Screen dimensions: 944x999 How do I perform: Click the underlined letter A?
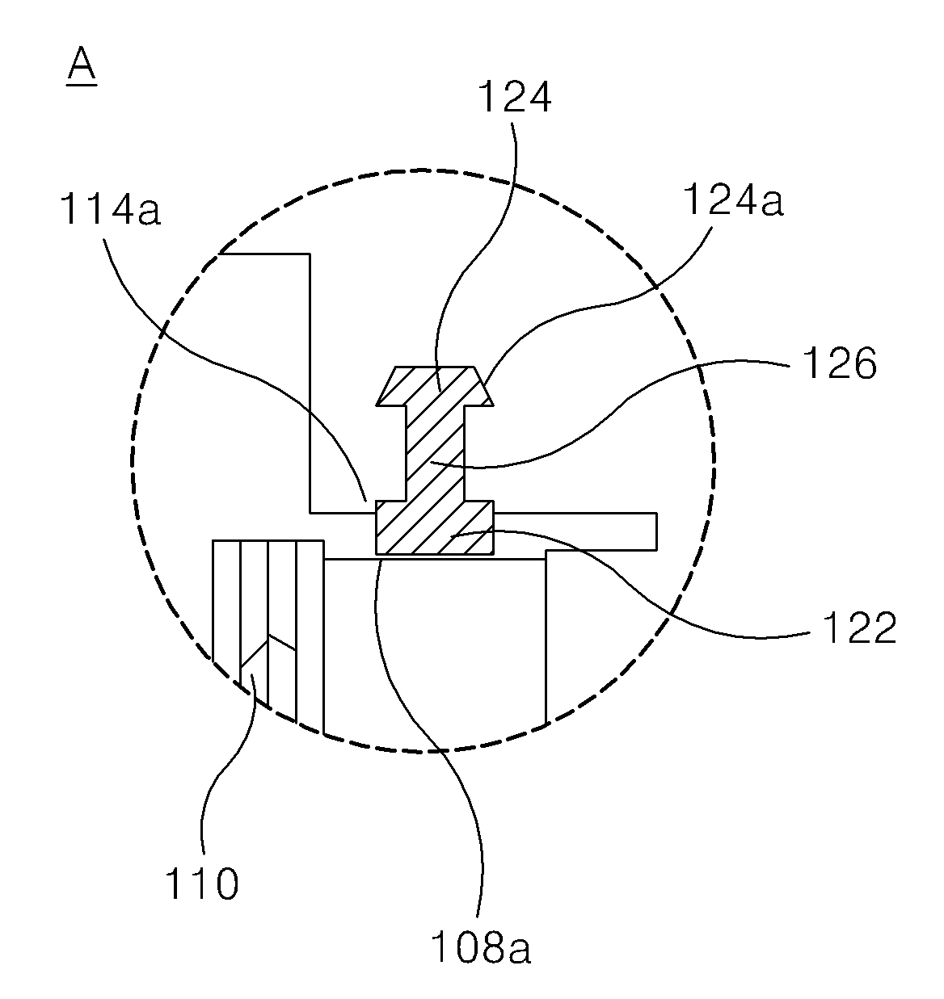[x=81, y=65]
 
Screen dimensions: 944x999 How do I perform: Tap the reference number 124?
[x=514, y=98]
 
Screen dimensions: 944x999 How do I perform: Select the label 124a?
[x=733, y=200]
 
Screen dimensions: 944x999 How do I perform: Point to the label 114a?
[x=110, y=211]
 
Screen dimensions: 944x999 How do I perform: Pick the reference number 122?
[x=858, y=628]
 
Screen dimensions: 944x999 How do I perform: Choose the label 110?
[x=202, y=884]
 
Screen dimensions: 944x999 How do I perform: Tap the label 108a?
[x=480, y=948]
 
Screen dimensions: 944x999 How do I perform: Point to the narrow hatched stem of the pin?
[x=434, y=452]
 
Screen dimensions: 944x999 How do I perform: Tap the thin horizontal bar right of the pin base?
[x=574, y=530]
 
